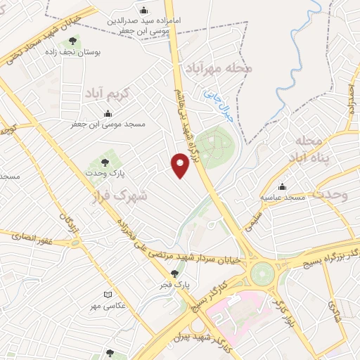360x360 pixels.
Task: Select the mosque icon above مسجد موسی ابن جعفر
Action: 108,114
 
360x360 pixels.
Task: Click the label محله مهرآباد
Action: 218,68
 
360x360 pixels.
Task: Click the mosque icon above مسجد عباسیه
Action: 283,187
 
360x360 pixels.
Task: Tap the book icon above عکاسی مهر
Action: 108,295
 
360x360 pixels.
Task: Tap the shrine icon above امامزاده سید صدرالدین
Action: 144,10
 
